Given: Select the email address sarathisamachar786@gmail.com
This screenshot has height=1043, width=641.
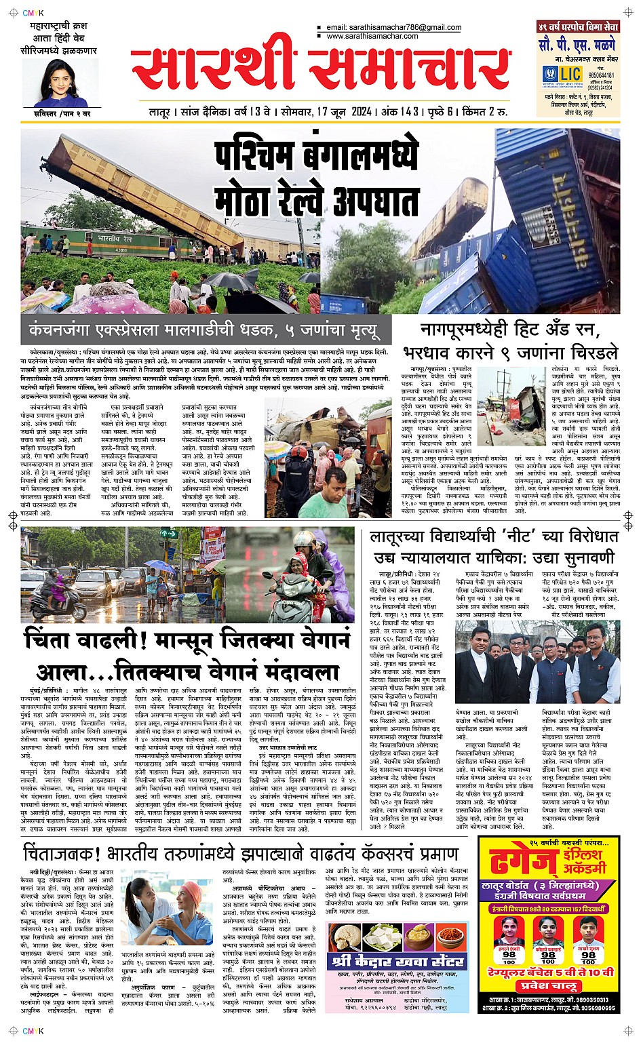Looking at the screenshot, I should [393, 28].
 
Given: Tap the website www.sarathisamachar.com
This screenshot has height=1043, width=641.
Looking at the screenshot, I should [372, 36].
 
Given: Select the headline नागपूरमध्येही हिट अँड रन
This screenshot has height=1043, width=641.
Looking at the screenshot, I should [506, 331].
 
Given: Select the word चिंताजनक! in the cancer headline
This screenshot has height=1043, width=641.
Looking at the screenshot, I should [66, 853].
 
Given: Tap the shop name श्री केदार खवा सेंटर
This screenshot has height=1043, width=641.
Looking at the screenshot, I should [397, 962].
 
